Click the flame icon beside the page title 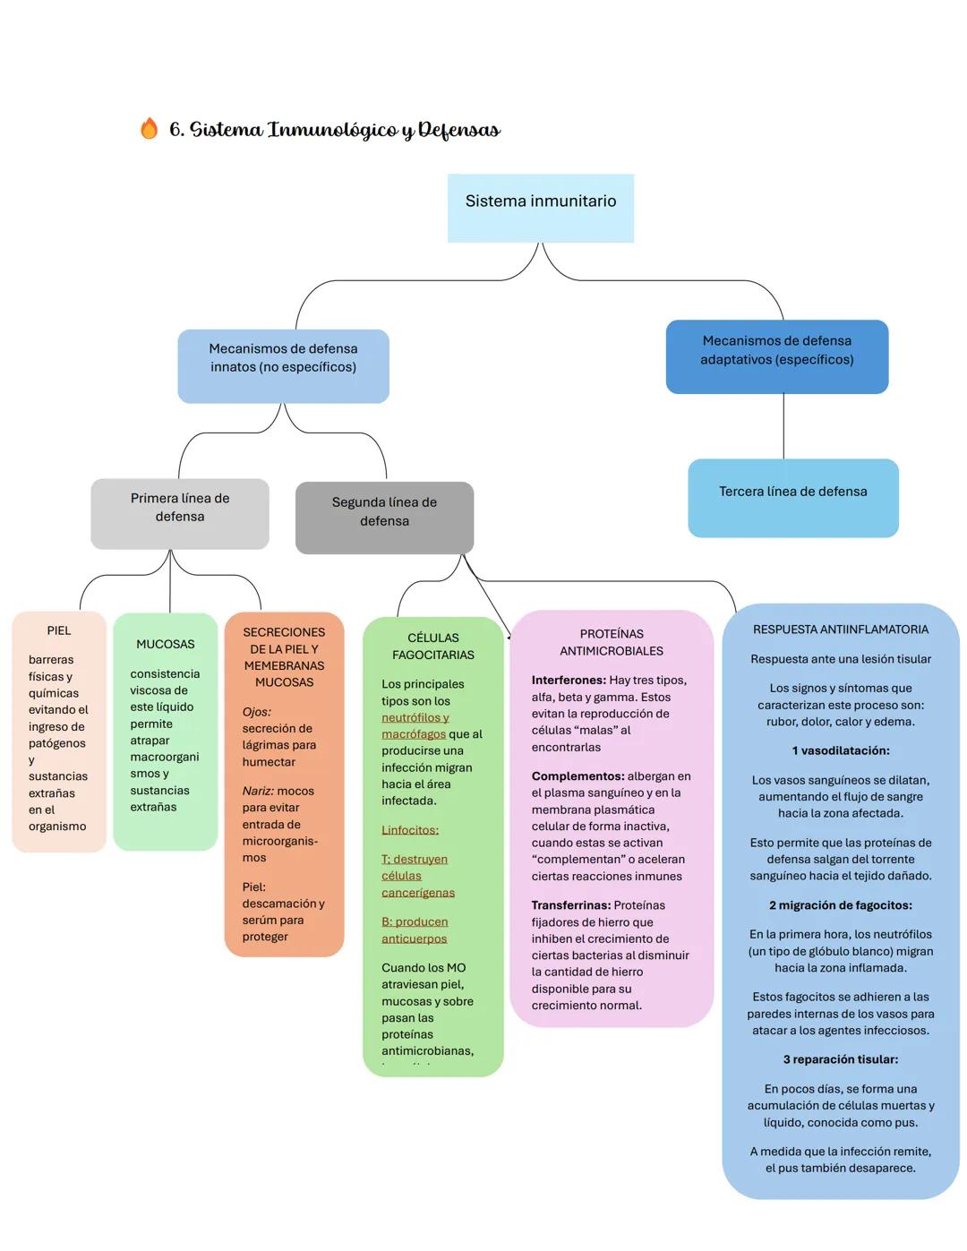149,129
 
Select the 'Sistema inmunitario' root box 541,208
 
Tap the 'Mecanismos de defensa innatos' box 283,365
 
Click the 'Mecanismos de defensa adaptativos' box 776,356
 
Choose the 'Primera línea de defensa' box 180,513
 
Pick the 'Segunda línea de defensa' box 384,518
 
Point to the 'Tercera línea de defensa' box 793,498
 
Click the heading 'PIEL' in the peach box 59,630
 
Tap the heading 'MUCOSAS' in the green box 165,644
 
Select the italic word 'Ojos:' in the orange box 257,712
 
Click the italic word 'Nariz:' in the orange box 258,791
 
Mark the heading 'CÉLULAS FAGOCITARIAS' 433,647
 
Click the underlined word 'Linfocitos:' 410,830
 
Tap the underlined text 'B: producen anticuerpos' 415,930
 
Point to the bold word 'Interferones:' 569,681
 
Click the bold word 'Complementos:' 578,776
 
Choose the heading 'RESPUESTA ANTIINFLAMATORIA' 840,630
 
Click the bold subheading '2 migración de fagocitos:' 840,905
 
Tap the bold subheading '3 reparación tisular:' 840,1059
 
